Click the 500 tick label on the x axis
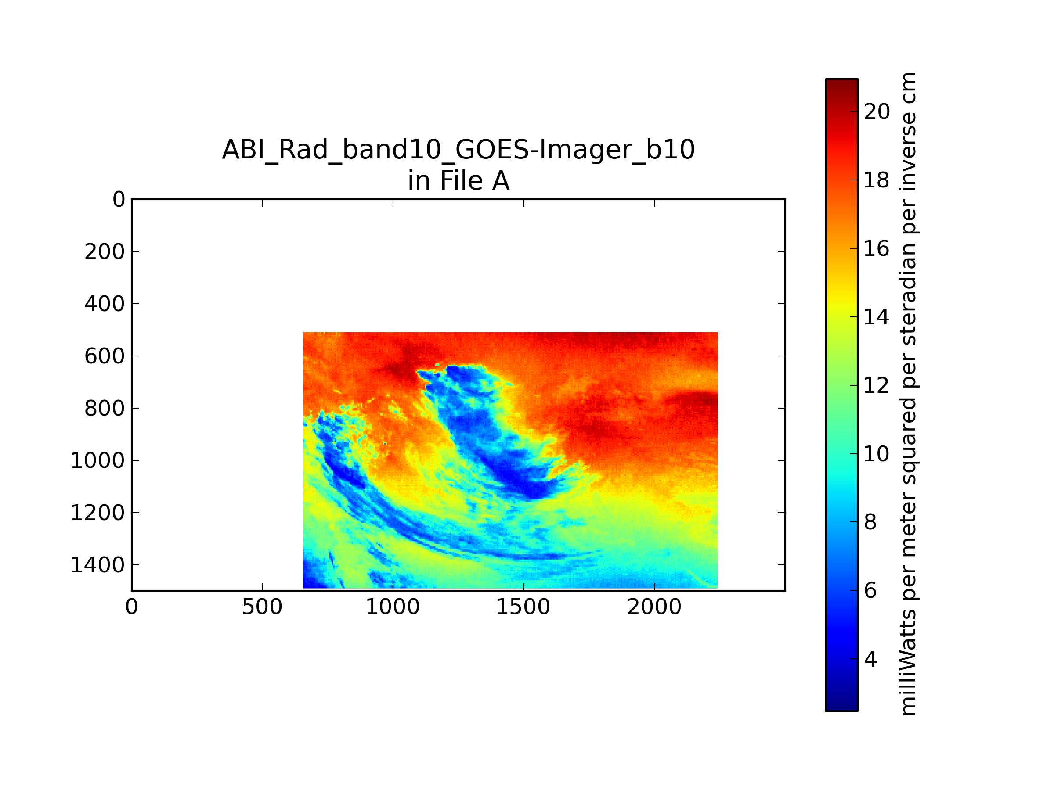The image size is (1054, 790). (262, 607)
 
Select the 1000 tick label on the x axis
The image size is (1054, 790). (393, 607)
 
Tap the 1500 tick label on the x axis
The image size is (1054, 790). (523, 607)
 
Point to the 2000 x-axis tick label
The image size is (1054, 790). (654, 607)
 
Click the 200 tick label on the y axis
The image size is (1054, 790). (105, 251)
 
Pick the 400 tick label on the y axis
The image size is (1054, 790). (105, 304)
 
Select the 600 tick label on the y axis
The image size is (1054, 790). (105, 356)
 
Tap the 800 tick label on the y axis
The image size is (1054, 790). (105, 408)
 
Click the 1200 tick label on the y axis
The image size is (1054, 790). (97, 513)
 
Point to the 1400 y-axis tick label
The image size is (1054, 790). (97, 565)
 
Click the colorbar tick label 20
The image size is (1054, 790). (877, 111)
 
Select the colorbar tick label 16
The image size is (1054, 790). (877, 248)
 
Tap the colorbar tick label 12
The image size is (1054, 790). (877, 385)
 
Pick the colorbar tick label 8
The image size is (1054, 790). (870, 522)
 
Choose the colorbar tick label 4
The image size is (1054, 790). (870, 659)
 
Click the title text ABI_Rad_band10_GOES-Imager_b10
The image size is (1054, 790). (458, 150)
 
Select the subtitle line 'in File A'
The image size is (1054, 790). (458, 181)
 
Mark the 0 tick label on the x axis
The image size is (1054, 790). (131, 607)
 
